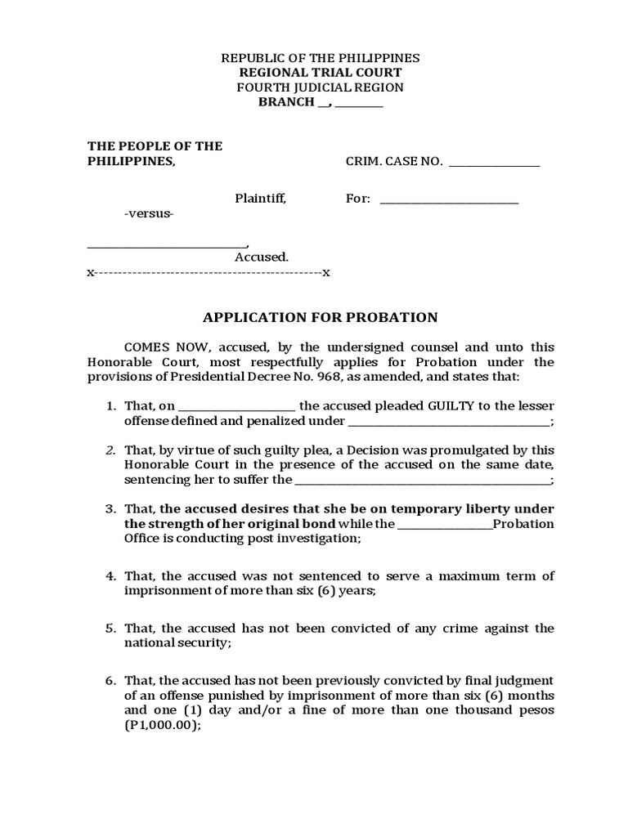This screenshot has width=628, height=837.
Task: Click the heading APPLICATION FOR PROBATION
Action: (x=320, y=318)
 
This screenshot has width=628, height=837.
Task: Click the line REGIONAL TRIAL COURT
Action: (x=320, y=73)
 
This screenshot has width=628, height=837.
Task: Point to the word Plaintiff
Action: (x=260, y=199)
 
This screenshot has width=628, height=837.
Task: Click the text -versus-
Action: (x=149, y=213)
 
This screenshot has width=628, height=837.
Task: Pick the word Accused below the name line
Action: (x=261, y=257)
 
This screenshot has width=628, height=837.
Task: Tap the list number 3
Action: (x=110, y=509)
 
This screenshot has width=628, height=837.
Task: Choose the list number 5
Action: (x=110, y=629)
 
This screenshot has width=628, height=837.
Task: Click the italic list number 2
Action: (x=110, y=450)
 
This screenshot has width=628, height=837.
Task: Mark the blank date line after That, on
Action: (x=236, y=406)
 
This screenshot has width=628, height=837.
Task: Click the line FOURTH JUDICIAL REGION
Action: (x=320, y=87)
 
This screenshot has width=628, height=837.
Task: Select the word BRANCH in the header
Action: (x=286, y=102)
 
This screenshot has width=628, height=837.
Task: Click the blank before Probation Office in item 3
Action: (x=446, y=525)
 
